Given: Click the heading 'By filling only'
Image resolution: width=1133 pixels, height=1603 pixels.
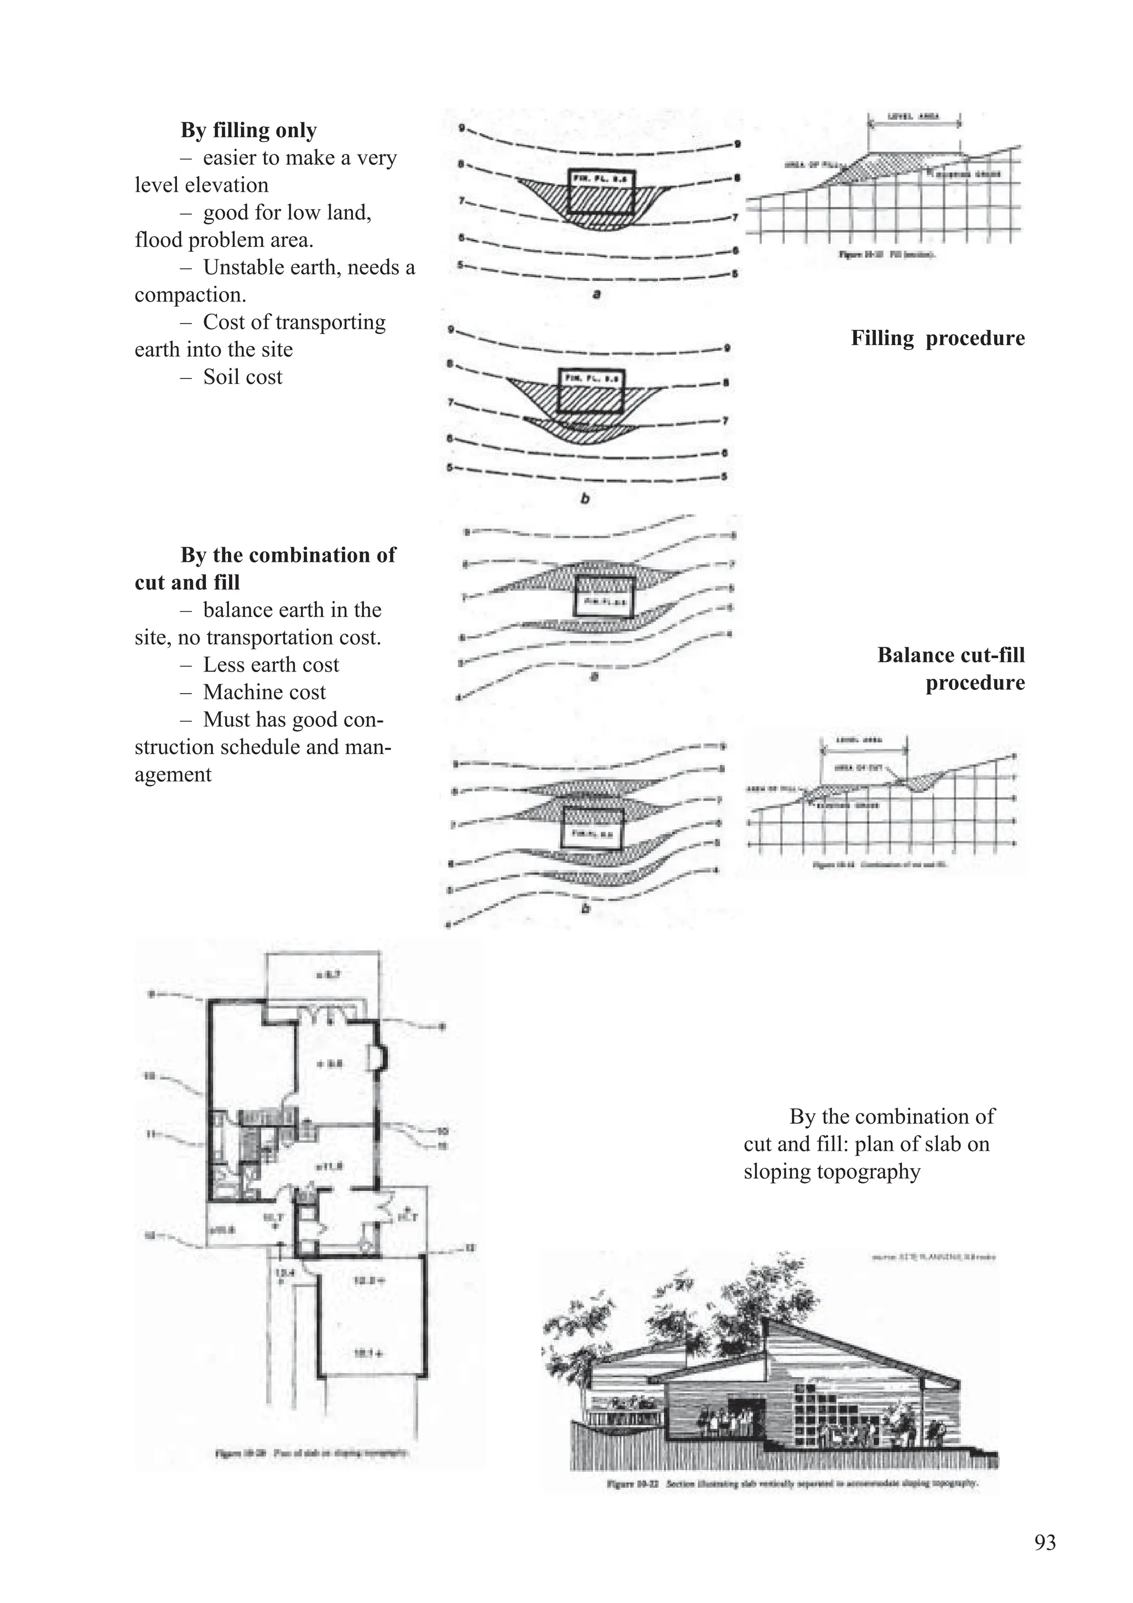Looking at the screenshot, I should (x=248, y=131).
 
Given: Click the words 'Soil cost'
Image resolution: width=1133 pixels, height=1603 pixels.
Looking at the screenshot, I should (x=242, y=377).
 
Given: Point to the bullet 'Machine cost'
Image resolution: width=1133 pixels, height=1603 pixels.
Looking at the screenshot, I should (x=264, y=693).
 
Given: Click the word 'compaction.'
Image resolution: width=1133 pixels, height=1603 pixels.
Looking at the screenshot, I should (x=190, y=295).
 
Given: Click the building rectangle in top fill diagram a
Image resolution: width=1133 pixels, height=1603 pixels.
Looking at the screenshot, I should (x=601, y=192).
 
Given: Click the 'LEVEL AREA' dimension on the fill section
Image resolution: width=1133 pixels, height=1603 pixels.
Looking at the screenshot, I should (x=914, y=118).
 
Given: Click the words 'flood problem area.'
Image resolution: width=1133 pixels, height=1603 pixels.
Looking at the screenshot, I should (x=224, y=240).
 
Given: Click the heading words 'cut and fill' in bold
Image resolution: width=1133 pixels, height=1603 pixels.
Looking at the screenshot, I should (x=186, y=583).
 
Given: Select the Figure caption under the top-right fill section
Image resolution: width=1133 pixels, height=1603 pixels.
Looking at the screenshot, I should (x=887, y=256).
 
